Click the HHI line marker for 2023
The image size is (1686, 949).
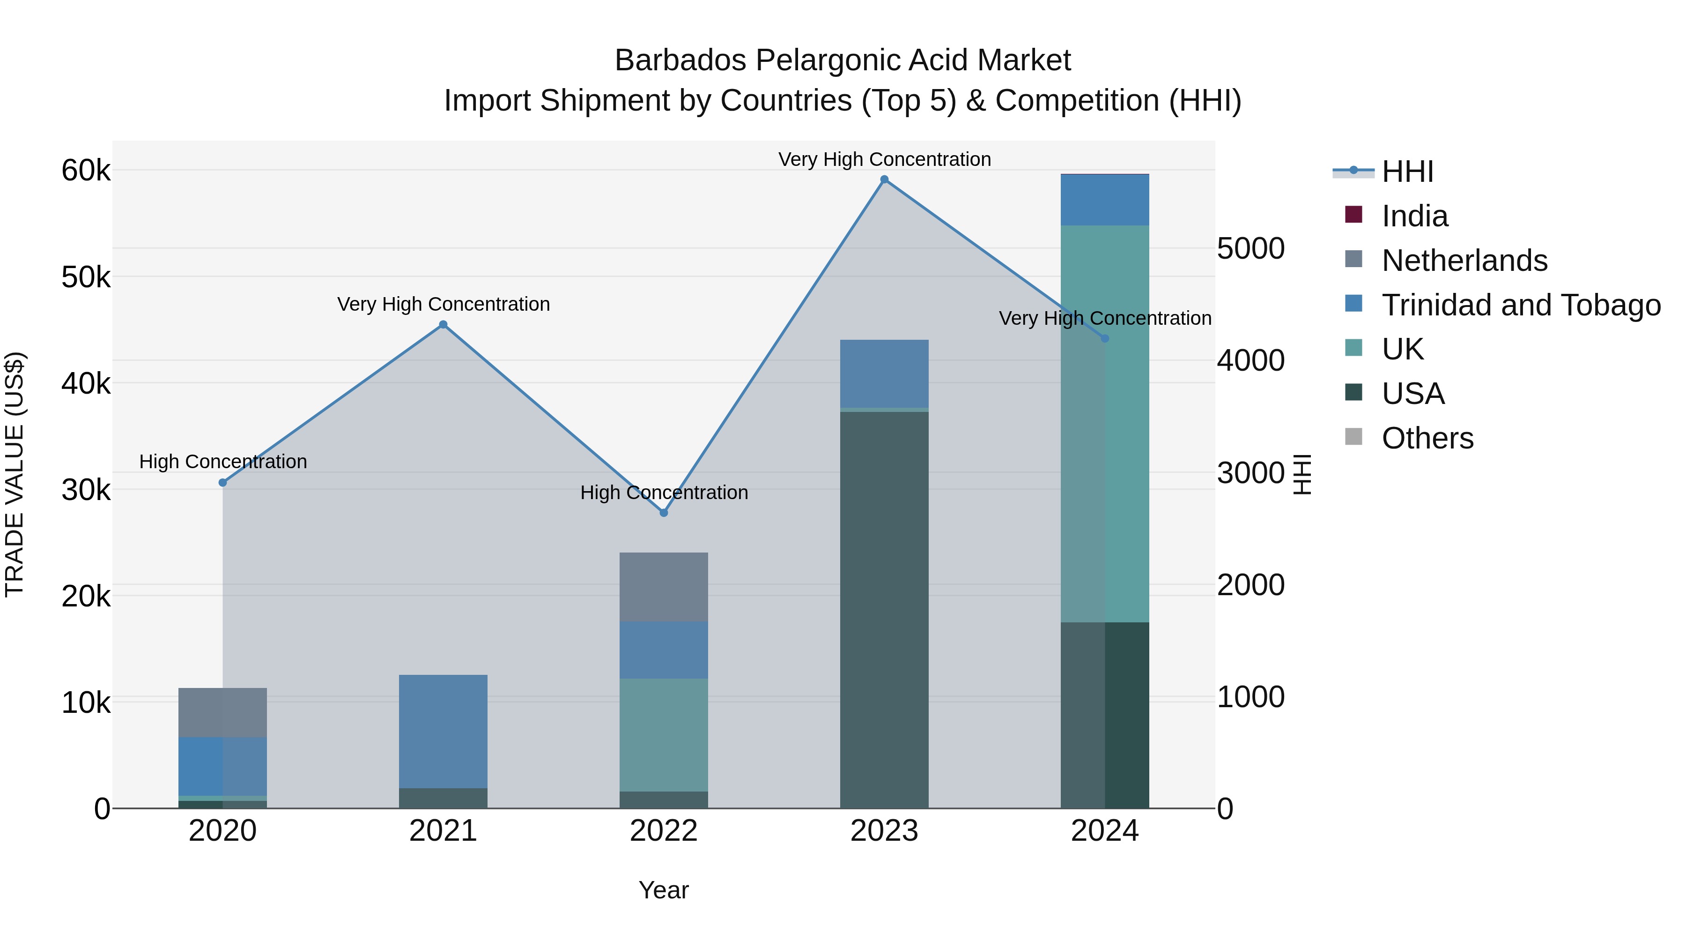(x=884, y=179)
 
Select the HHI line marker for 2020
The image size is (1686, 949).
(x=222, y=483)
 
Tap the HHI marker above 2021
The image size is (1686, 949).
(x=443, y=325)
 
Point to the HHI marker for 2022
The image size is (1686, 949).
(x=664, y=513)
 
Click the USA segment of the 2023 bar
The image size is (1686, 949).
(x=884, y=609)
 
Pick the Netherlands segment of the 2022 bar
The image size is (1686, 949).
(x=664, y=587)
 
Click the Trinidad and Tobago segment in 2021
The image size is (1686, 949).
(x=443, y=731)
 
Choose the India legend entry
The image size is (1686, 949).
(x=1414, y=216)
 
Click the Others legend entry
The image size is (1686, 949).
(x=1427, y=438)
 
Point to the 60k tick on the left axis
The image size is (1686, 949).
(x=86, y=171)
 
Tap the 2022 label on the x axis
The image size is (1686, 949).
(x=664, y=831)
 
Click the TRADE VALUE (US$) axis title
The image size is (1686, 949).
(x=15, y=474)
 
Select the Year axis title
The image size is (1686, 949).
(x=664, y=890)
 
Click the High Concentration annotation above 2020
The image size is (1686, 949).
(x=222, y=462)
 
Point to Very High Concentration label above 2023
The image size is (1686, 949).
(x=884, y=159)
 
